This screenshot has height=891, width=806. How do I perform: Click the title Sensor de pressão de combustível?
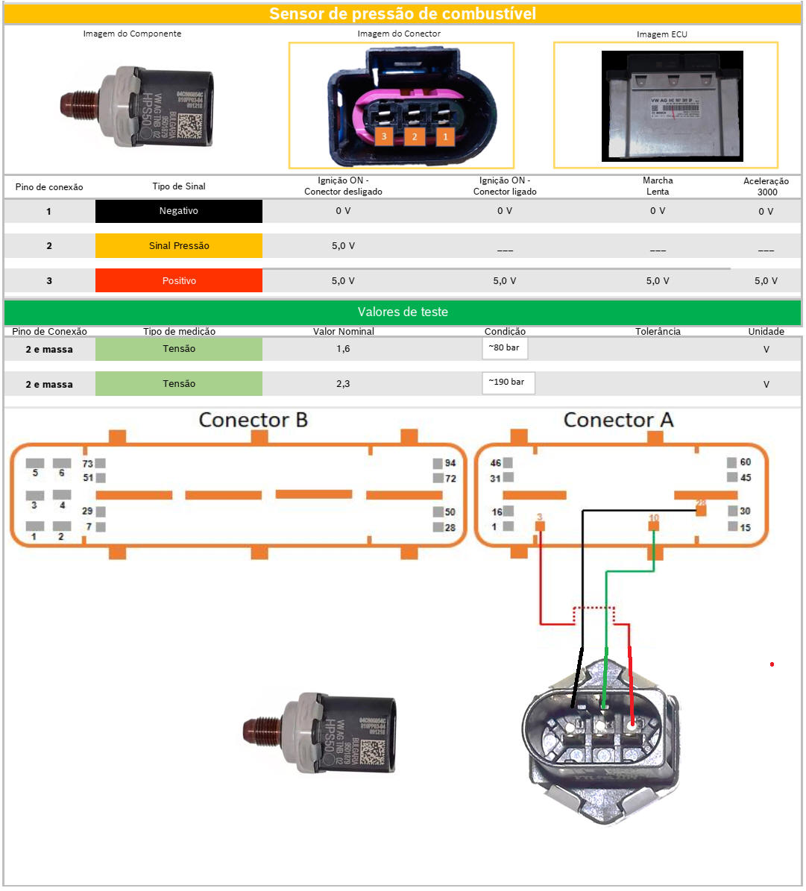[x=403, y=14]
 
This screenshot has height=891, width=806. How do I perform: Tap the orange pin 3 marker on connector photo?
[x=384, y=136]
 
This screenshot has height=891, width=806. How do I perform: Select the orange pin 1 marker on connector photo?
[x=445, y=136]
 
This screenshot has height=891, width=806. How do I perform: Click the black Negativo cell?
[x=179, y=211]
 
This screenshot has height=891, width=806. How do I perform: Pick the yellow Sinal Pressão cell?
[x=179, y=245]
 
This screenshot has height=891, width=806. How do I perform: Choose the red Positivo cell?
[x=179, y=280]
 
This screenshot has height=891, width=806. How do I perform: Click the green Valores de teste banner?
[x=403, y=312]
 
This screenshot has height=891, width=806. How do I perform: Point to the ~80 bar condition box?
[x=505, y=348]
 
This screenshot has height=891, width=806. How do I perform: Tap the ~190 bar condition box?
[x=507, y=382]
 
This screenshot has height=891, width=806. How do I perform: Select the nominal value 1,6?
[x=343, y=349]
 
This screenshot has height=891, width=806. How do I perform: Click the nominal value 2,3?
[x=343, y=384]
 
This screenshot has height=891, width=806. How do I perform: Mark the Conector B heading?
[x=253, y=420]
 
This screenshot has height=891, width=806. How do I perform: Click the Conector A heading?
[x=618, y=420]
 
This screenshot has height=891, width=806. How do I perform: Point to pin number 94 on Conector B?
[x=450, y=463]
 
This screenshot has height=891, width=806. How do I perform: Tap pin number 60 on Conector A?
[x=745, y=462]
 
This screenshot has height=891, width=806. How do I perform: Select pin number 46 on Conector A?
[x=496, y=463]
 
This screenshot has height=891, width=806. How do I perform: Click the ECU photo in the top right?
[x=672, y=106]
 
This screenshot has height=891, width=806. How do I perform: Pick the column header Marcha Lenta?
[x=658, y=186]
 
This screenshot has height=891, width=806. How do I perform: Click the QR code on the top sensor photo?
[x=190, y=125]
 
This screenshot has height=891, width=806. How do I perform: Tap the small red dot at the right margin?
[x=772, y=664]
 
